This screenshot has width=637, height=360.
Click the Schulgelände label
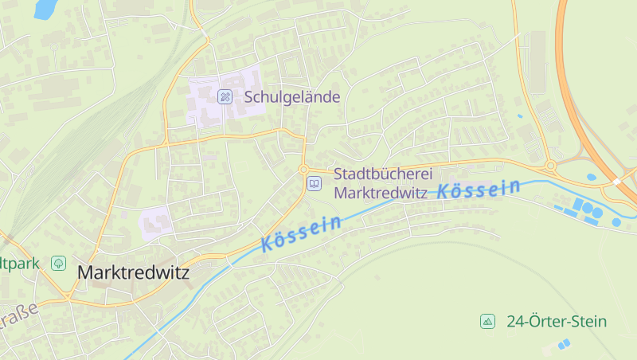(x=291, y=96)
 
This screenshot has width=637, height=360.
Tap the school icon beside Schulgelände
(x=225, y=96)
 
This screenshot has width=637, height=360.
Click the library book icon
(x=315, y=184)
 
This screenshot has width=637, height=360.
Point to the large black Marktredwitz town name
(x=133, y=272)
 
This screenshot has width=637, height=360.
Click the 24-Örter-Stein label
(x=556, y=322)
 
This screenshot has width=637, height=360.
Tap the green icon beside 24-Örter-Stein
(x=487, y=322)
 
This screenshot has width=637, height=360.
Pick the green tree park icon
(x=58, y=262)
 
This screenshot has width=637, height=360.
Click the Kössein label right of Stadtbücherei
(x=479, y=189)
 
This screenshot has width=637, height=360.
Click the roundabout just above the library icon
(x=303, y=169)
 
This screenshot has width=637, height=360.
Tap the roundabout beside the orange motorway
(x=550, y=166)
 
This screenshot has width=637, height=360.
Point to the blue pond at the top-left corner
(x=45, y=8)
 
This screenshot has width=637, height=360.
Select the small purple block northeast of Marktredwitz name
(x=156, y=221)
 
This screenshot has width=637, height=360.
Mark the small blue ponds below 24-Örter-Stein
(x=564, y=344)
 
